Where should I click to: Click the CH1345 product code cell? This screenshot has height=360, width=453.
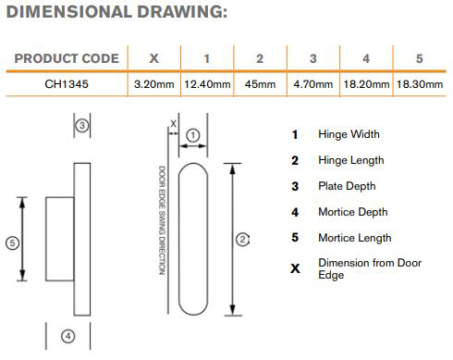click(67, 84)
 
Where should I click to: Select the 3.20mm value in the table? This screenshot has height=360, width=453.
click(154, 84)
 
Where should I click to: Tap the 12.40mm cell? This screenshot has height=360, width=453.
click(207, 84)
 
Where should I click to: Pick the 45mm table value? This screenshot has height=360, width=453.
click(260, 84)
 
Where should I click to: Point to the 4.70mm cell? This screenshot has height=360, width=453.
click(313, 84)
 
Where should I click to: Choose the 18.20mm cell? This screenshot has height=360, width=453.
click(366, 84)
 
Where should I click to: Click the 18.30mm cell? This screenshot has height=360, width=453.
click(420, 84)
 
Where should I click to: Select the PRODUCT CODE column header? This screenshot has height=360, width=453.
click(67, 58)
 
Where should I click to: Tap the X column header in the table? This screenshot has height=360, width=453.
click(154, 58)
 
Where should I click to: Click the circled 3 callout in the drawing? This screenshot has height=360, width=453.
click(82, 126)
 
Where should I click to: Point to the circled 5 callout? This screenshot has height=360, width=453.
click(12, 243)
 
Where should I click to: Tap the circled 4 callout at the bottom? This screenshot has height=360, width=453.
click(68, 336)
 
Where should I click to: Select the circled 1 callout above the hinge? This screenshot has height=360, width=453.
click(193, 135)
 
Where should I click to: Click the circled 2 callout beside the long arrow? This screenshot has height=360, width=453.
click(242, 240)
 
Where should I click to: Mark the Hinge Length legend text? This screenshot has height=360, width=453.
click(351, 160)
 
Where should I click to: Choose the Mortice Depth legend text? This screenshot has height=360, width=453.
click(353, 212)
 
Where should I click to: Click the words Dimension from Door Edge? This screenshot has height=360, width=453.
click(370, 268)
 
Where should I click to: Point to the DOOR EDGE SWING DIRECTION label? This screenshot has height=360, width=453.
click(162, 220)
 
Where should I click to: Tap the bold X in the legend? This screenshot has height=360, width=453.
click(295, 268)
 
